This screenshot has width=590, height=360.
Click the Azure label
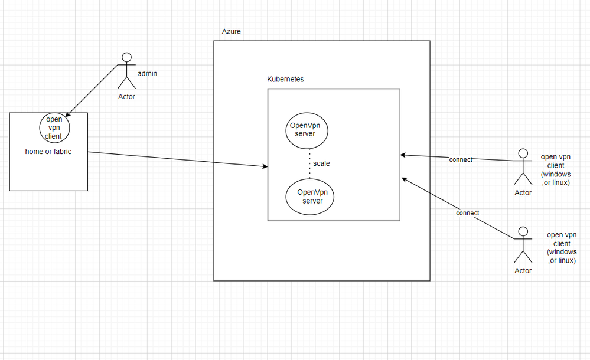tap(231, 31)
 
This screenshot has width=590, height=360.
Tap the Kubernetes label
tap(286, 79)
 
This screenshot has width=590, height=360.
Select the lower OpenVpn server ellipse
tap(309, 197)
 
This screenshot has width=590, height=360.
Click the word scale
tap(321, 163)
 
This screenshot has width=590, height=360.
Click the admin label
tap(146, 74)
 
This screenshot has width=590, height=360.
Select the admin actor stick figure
tap(126, 71)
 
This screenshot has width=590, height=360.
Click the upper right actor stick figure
tap(522, 168)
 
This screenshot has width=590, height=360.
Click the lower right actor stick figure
tap(522, 246)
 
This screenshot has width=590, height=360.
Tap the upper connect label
tap(461, 160)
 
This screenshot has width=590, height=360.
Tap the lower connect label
tap(468, 212)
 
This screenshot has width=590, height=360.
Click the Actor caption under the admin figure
tap(126, 97)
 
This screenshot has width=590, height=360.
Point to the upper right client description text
tap(556, 169)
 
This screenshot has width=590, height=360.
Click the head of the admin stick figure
tap(126, 57)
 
